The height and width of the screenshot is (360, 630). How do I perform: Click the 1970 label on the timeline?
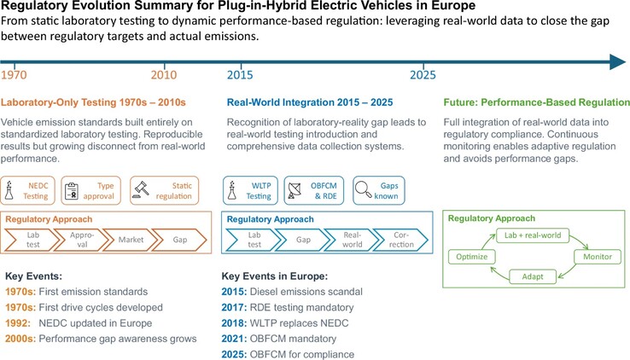point(14,75)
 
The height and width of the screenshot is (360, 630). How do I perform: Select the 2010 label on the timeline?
point(164,75)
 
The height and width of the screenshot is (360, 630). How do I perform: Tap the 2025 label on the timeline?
point(423,75)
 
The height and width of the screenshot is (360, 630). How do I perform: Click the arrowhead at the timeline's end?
point(618,61)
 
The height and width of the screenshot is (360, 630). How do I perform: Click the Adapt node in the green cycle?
point(531,276)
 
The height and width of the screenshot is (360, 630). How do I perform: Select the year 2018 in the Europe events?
point(234,322)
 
